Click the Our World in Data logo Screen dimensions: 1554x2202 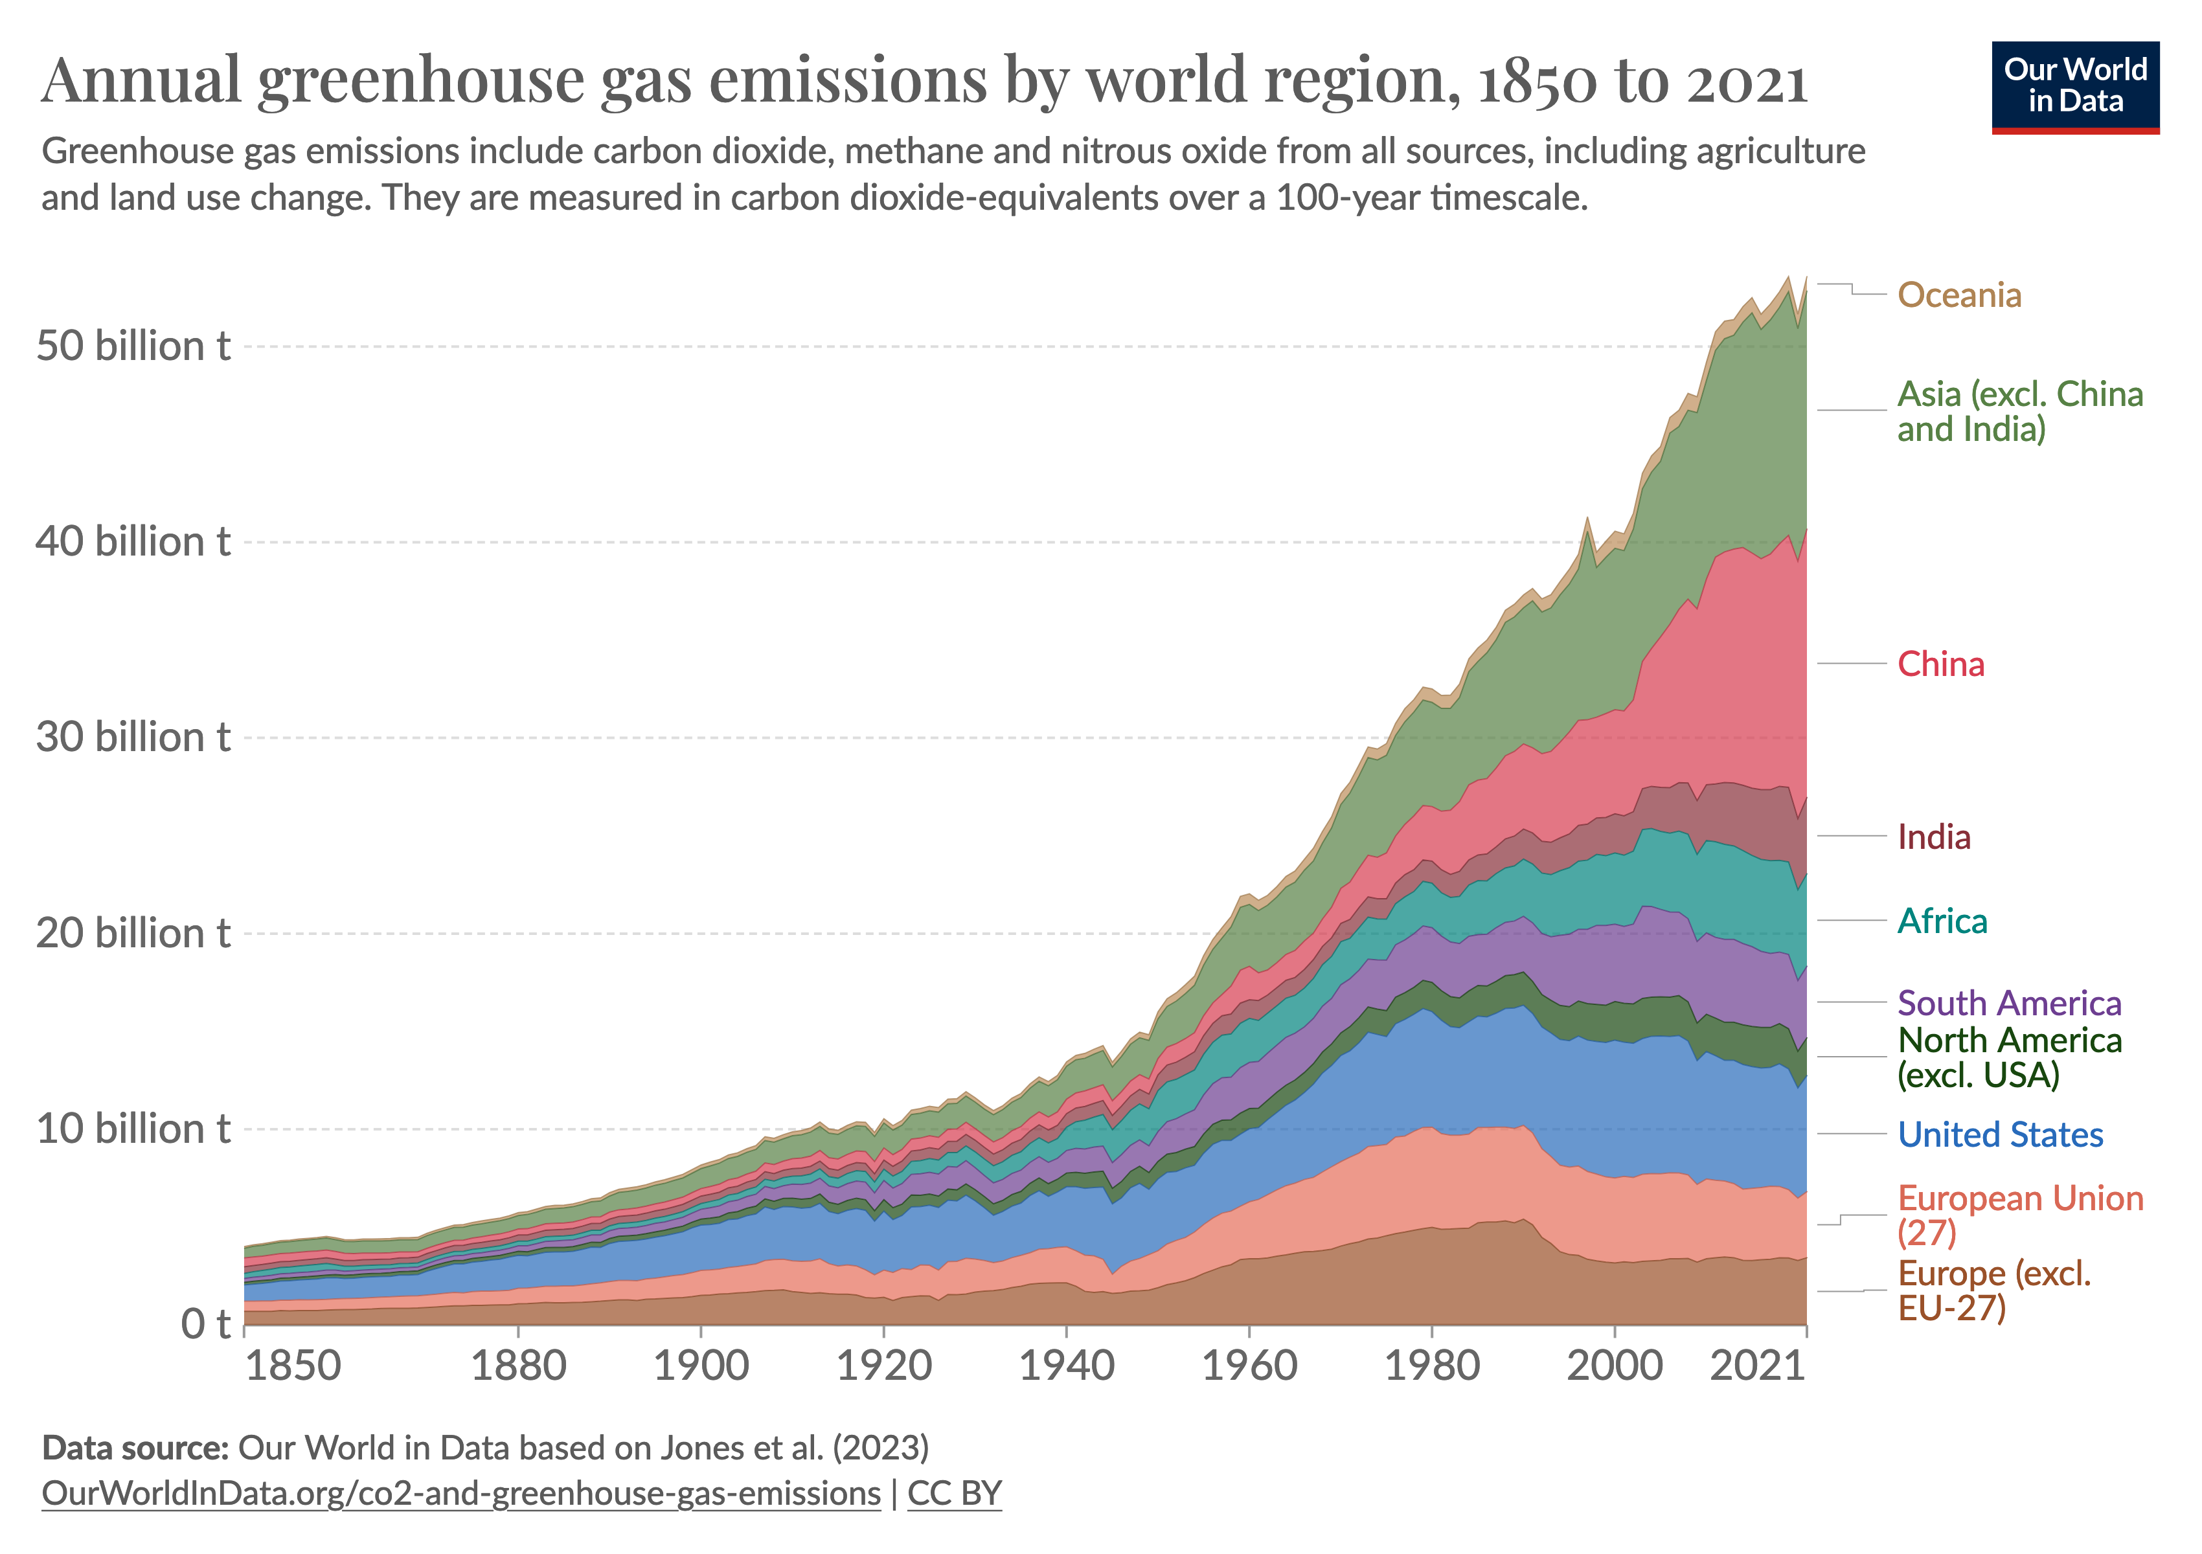(x=2074, y=86)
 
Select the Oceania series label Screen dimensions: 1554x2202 (x=1959, y=295)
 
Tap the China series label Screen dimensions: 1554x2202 (x=1940, y=664)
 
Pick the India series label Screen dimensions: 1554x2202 (x=1933, y=837)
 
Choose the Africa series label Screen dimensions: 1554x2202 (x=1942, y=921)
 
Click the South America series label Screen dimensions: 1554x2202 (x=2009, y=1003)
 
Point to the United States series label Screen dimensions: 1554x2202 (x=2000, y=1135)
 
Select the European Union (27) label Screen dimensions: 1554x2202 (x=2020, y=1215)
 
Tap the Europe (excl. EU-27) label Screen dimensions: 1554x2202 (x=1994, y=1290)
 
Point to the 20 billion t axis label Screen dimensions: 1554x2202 (x=133, y=933)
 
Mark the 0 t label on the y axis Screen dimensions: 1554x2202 (x=205, y=1324)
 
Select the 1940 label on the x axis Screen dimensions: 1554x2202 (x=1067, y=1365)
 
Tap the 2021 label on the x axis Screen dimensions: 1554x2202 (x=1758, y=1365)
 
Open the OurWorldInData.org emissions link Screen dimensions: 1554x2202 (x=460, y=1494)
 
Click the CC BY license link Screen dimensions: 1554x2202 (x=954, y=1494)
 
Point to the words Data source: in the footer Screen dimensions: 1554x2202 (x=134, y=1448)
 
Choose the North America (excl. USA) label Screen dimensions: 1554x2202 (x=2009, y=1057)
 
